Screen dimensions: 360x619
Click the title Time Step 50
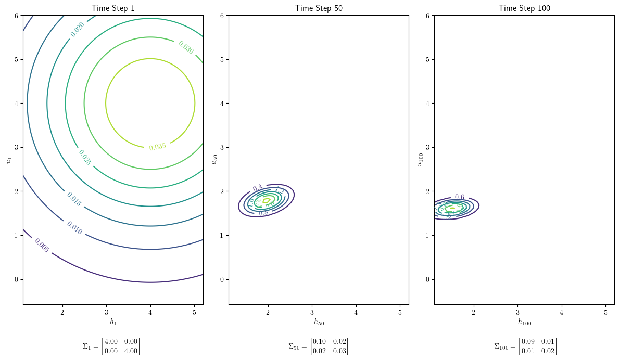tap(319, 8)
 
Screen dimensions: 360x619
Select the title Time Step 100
tap(524, 8)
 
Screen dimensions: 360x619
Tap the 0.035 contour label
tap(157, 147)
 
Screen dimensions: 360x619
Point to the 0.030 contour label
tap(186, 47)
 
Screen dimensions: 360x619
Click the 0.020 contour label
tap(78, 30)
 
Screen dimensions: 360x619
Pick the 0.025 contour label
tap(84, 157)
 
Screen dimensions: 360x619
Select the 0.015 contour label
tap(73, 199)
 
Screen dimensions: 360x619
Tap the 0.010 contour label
tap(74, 228)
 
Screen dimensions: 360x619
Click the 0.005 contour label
tap(42, 245)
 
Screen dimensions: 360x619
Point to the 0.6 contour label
tap(460, 197)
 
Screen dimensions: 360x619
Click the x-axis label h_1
tap(113, 322)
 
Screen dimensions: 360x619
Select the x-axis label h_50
tap(319, 322)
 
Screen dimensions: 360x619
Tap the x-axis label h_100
tap(524, 322)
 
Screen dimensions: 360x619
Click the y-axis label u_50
tap(213, 159)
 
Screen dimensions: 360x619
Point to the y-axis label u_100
tap(419, 159)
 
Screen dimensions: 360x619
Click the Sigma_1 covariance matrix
tap(111, 346)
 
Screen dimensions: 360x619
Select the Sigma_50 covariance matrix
tap(318, 346)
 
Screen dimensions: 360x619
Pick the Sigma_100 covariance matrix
tap(525, 346)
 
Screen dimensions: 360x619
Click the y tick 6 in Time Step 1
tap(17, 16)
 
